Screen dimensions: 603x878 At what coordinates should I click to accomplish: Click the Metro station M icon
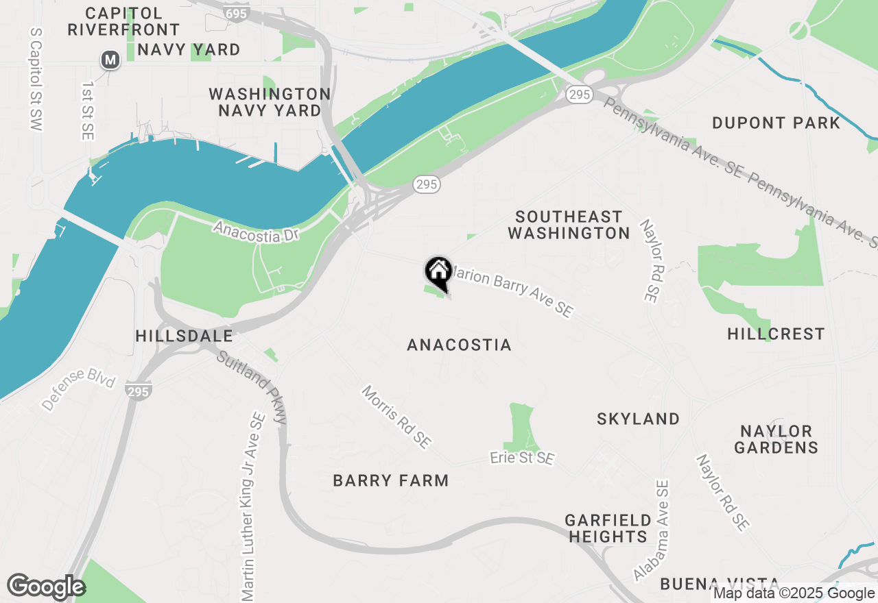(110, 60)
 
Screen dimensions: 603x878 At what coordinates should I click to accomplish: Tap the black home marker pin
(438, 271)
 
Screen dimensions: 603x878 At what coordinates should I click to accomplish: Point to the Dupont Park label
(776, 123)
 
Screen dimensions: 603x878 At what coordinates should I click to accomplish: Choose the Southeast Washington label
(569, 225)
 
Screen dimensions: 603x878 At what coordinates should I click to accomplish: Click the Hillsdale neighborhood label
(184, 336)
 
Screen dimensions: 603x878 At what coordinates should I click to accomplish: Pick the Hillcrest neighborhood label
(776, 334)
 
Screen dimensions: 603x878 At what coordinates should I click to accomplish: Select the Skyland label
(638, 419)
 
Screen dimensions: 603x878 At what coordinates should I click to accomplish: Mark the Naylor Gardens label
(776, 439)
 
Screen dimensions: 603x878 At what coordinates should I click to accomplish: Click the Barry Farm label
(391, 480)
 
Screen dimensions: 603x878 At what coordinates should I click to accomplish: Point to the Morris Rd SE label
(397, 417)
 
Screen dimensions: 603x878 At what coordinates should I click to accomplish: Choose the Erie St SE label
(522, 458)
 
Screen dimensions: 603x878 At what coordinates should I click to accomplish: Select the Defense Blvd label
(78, 389)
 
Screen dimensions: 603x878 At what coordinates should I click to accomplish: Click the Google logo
(46, 587)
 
